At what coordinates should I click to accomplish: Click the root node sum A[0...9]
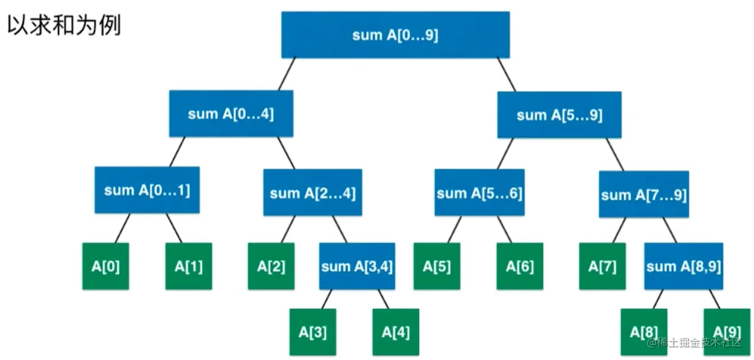pyautogui.click(x=395, y=35)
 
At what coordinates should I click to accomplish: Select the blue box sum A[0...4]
pyautogui.click(x=231, y=114)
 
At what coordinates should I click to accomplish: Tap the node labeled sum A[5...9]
pyautogui.click(x=559, y=115)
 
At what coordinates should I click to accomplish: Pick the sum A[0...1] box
pyautogui.click(x=147, y=190)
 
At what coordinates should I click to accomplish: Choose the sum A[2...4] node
pyautogui.click(x=313, y=193)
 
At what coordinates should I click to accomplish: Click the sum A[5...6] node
pyautogui.click(x=479, y=193)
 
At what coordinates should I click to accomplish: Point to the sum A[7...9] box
pyautogui.click(x=644, y=195)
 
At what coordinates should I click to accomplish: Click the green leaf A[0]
pyautogui.click(x=106, y=266)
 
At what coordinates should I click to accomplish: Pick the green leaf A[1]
pyautogui.click(x=188, y=266)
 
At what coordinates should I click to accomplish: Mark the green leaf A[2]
pyautogui.click(x=271, y=266)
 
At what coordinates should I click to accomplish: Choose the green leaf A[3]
pyautogui.click(x=313, y=331)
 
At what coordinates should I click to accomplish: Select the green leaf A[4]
pyautogui.click(x=395, y=331)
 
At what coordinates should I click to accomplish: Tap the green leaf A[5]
pyautogui.click(x=437, y=266)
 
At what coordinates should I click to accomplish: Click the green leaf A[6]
pyautogui.click(x=519, y=266)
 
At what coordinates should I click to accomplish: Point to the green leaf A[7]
pyautogui.click(x=603, y=266)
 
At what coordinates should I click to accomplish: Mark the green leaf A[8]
pyautogui.click(x=644, y=331)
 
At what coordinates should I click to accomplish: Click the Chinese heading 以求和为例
pyautogui.click(x=64, y=26)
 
